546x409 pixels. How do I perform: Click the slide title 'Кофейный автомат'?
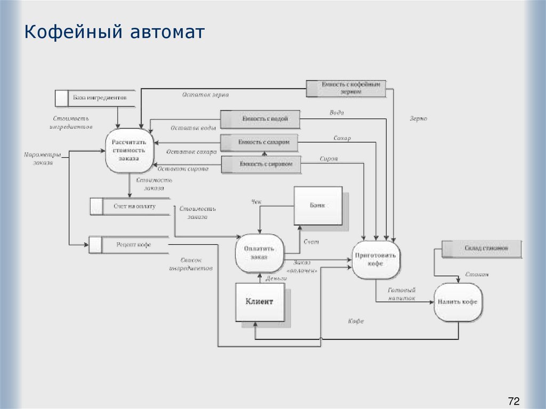(114, 33)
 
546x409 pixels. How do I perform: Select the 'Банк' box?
(318, 206)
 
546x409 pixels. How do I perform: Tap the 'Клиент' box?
(259, 302)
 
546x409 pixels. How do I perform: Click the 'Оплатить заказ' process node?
(259, 253)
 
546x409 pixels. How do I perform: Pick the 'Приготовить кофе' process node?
(375, 259)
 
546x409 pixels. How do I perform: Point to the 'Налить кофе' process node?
(457, 302)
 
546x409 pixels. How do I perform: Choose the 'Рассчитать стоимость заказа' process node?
(129, 151)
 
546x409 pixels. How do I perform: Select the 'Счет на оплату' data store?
(130, 206)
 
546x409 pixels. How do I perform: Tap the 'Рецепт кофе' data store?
(129, 245)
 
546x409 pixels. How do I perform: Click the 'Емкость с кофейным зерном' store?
(346, 88)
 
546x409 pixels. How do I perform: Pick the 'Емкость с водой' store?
(261, 119)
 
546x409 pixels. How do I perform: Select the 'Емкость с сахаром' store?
(259, 142)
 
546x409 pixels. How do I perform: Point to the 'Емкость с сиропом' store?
(261, 165)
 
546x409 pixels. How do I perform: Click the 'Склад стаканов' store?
(482, 248)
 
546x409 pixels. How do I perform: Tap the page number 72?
(513, 401)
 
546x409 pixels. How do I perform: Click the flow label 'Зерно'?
(418, 119)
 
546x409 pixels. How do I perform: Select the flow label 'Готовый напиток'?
(402, 294)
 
